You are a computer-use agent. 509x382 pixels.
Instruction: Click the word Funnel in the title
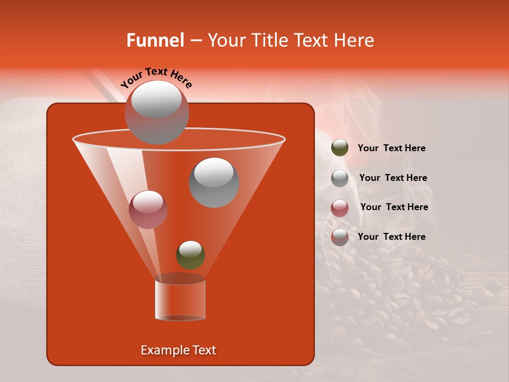155,40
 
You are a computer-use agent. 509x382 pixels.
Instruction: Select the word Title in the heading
270,40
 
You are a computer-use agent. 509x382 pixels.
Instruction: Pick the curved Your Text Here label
156,77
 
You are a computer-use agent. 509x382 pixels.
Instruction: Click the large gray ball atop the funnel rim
156,112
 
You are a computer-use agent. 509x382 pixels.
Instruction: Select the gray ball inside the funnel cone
214,183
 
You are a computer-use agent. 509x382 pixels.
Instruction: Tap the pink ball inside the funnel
148,210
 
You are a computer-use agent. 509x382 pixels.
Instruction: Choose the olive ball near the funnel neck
190,255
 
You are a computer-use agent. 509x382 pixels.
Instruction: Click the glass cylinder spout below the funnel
180,300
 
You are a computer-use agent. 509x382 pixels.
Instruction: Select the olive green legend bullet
340,148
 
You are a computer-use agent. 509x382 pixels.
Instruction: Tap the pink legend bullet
340,208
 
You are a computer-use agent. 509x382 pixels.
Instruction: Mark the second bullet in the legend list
340,178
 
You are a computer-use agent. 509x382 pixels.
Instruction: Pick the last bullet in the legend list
340,237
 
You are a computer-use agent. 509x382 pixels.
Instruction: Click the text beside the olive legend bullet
391,148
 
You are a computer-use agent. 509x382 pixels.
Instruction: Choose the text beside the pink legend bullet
394,207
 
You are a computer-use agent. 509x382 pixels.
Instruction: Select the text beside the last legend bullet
391,237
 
